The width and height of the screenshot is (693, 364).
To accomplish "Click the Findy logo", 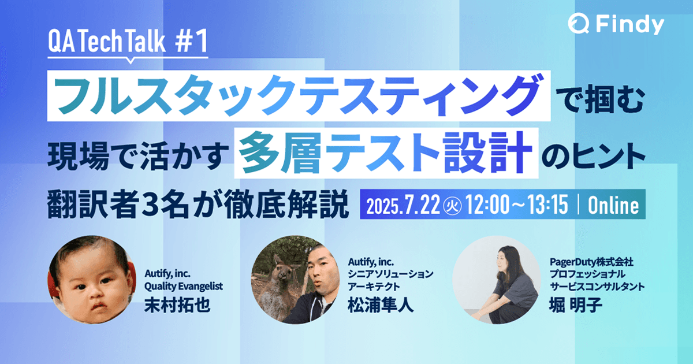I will [x=616, y=24].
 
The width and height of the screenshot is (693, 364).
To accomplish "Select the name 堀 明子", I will [x=576, y=304].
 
